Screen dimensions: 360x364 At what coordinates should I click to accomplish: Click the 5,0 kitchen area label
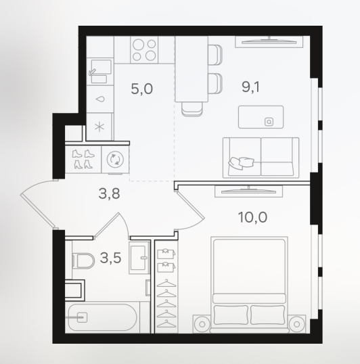point(142,89)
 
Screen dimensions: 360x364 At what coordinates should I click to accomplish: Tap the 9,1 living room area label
point(250,87)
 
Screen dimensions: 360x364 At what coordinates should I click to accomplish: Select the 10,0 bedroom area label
point(253,217)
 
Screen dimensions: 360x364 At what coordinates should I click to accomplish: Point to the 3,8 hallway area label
point(109,194)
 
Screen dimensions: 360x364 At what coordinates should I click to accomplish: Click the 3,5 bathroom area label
point(110,258)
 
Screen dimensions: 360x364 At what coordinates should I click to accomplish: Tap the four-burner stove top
point(144,49)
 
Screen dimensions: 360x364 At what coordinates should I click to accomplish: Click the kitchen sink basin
point(101,67)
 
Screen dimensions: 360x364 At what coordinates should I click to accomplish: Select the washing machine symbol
point(115,160)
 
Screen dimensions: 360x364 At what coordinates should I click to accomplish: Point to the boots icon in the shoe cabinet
point(83,159)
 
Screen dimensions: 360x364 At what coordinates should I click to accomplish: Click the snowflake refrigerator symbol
point(99,127)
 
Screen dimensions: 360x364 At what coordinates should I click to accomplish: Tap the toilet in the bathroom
point(83,260)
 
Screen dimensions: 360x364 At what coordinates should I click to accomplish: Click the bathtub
point(102,317)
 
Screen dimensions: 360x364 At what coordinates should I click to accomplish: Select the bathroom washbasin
point(139,258)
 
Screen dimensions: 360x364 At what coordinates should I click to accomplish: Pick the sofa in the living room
point(261,158)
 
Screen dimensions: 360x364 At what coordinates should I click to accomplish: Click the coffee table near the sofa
point(261,117)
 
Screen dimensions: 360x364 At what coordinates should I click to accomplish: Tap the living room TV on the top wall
point(269,42)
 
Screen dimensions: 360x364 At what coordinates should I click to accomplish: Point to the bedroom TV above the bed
point(248,191)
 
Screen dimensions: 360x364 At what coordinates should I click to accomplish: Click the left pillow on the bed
point(231,315)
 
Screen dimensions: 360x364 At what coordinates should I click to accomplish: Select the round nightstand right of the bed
point(296,324)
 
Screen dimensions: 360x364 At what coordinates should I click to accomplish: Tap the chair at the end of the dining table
point(192,109)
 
